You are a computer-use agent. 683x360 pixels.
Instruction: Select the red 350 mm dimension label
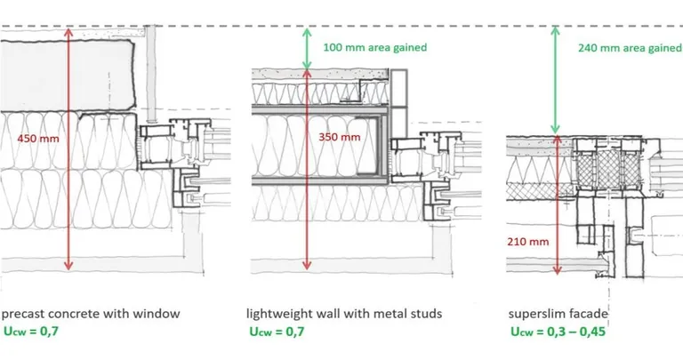(340, 138)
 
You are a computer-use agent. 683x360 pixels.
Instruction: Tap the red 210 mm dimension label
(527, 239)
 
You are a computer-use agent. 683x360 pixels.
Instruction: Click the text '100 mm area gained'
(375, 47)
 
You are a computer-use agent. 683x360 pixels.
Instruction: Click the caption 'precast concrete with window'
(91, 313)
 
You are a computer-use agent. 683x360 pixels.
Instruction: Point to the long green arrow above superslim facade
(558, 80)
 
